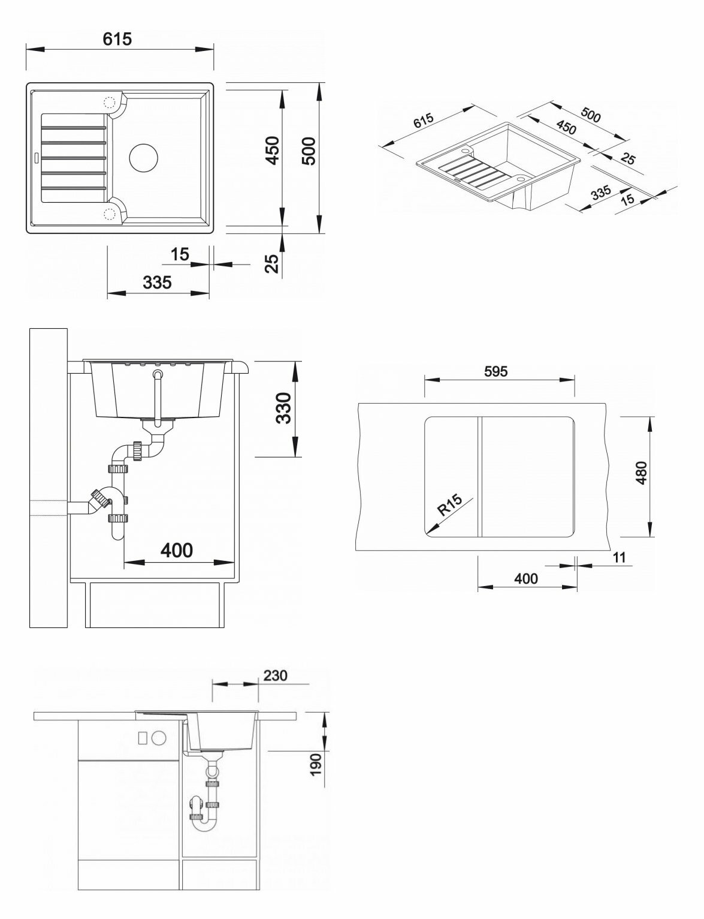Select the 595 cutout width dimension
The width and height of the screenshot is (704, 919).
tap(495, 371)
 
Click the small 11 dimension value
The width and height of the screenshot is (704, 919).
tap(619, 557)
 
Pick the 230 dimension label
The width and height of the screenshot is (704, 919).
tap(275, 675)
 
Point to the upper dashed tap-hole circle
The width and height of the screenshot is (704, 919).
tap(110, 103)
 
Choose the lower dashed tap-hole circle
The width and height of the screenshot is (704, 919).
tap(110, 213)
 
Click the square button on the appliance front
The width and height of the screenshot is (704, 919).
tap(143, 738)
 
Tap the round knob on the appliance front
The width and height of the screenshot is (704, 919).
tap(158, 738)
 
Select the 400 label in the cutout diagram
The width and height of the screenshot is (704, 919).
tap(525, 579)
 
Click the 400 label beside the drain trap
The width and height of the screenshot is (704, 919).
tap(177, 550)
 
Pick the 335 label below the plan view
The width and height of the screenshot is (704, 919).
tap(158, 282)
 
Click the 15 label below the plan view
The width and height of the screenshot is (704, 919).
tap(180, 254)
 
